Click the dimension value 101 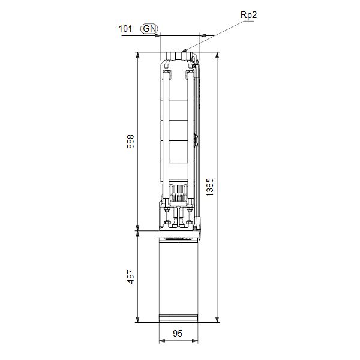pos(125,28)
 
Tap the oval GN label pos(149,28)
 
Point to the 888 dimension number pos(131,142)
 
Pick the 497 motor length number pos(131,277)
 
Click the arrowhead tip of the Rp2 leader pos(184,52)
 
